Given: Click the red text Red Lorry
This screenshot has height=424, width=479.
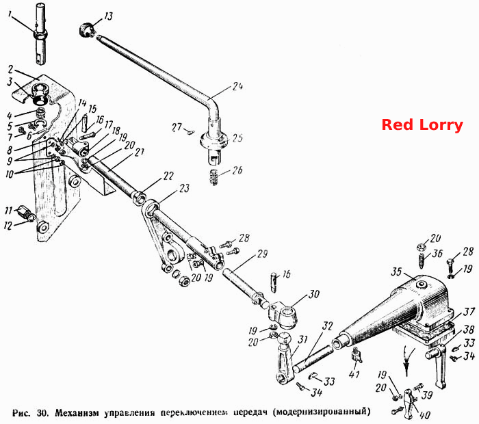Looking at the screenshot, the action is [422, 125].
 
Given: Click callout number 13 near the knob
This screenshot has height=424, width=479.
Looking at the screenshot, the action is [109, 16].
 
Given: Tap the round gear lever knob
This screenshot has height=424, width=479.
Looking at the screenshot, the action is [86, 30].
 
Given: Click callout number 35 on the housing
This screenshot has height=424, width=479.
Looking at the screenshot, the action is [396, 271].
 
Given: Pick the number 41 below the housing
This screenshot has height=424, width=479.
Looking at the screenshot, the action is [354, 374].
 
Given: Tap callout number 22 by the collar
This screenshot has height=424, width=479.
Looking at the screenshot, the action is [168, 176].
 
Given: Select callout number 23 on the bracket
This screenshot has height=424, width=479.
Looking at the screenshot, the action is [184, 188].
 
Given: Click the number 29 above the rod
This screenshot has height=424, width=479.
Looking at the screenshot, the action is [262, 254].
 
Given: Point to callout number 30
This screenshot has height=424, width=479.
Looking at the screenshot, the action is [313, 295].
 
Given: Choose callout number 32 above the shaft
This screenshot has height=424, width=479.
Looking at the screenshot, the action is [327, 326].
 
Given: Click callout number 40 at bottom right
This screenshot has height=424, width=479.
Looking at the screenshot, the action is [424, 415].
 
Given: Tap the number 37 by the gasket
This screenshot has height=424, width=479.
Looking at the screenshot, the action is [469, 312].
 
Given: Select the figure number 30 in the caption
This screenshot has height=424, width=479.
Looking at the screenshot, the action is [42, 412].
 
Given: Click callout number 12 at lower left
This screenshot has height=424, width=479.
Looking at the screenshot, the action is [8, 226].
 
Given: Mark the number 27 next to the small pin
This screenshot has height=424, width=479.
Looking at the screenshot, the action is [177, 127].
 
